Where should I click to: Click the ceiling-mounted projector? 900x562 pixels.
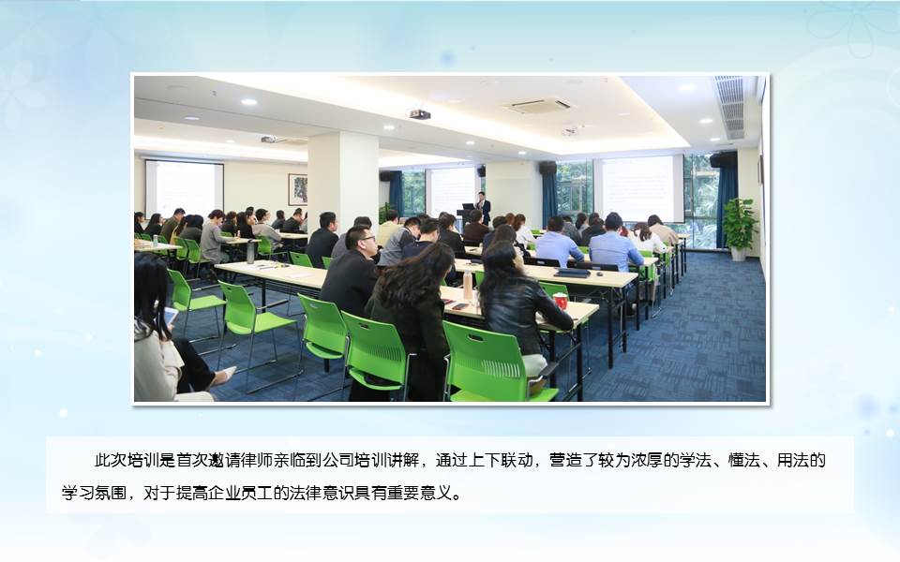pos(420,113)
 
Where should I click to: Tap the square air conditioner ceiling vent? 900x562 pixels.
pos(538,106)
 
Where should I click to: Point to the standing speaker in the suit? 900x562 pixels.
pos(484,208)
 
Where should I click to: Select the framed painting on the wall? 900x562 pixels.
pos(297,189)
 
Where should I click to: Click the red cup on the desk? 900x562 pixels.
pos(560,301)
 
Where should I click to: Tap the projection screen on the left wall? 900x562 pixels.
pos(185,188)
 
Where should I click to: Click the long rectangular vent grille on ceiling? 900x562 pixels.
pos(730,107)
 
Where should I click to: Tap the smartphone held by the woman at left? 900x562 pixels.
pos(171,316)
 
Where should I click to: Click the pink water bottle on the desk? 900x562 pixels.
pos(468,286)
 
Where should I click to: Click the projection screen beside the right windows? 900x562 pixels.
pos(638,187)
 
